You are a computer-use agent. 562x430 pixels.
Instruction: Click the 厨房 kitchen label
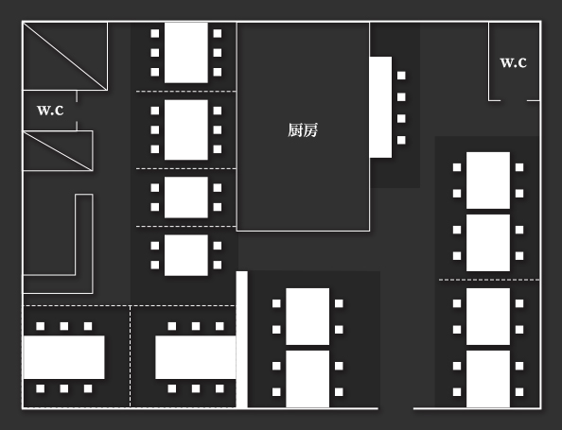click(303, 130)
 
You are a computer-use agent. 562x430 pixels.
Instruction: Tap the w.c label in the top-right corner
click(513, 62)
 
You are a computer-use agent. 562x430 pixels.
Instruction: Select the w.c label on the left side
click(50, 110)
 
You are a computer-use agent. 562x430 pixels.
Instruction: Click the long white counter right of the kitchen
click(380, 107)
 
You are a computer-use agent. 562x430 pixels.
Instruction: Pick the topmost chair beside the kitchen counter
click(401, 76)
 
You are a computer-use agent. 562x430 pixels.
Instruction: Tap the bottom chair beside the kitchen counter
click(401, 140)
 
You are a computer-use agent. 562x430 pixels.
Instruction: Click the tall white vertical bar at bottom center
click(241, 339)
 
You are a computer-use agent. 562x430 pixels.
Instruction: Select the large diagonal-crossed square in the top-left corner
click(64, 57)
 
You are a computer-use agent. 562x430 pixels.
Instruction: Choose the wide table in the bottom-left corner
click(63, 357)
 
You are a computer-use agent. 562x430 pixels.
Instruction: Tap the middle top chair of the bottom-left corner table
click(64, 326)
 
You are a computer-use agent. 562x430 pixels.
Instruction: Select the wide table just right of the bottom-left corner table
click(195, 357)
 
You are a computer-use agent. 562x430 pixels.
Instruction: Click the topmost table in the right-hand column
click(487, 180)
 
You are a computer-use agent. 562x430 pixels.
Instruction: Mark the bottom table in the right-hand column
click(487, 378)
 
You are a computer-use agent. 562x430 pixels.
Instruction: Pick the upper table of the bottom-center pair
click(307, 316)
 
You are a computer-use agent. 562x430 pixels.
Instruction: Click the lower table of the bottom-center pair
click(307, 378)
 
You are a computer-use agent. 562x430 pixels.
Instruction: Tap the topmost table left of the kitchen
click(185, 52)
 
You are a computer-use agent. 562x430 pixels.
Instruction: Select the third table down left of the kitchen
click(185, 197)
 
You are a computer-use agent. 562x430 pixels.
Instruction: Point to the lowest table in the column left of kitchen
click(185, 254)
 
